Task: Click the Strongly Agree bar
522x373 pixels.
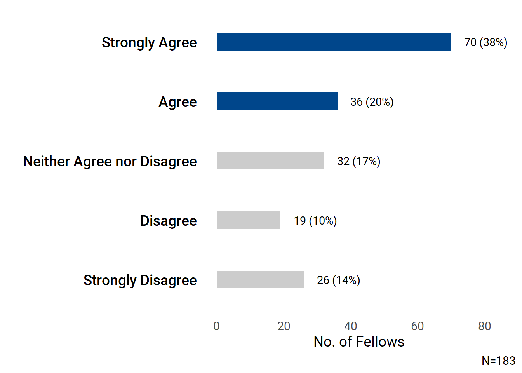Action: click(x=334, y=42)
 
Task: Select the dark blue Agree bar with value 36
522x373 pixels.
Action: click(x=277, y=101)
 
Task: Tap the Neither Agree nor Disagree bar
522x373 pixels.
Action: click(x=270, y=160)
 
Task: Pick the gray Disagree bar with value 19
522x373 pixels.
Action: click(x=249, y=220)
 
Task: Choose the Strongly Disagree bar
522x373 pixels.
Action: click(x=260, y=279)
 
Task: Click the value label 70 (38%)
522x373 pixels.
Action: click(x=485, y=42)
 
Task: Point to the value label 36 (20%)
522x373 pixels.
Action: click(x=372, y=102)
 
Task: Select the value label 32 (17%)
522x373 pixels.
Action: click(x=358, y=161)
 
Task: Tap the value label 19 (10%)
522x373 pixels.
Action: click(x=315, y=221)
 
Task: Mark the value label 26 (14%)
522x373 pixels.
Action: click(x=338, y=280)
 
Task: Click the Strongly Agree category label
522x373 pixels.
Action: click(x=149, y=42)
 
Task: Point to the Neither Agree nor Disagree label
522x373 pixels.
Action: click(x=110, y=161)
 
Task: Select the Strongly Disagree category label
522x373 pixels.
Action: click(x=140, y=280)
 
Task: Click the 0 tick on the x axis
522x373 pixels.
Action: click(x=217, y=326)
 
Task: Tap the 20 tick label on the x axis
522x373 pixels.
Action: click(x=284, y=326)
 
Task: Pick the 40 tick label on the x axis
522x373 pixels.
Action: click(x=351, y=326)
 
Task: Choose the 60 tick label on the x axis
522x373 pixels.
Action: click(x=418, y=326)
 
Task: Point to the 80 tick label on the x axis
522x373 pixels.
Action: click(x=484, y=326)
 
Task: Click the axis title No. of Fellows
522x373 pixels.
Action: click(x=359, y=342)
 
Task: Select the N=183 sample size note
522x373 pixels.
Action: click(x=498, y=361)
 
